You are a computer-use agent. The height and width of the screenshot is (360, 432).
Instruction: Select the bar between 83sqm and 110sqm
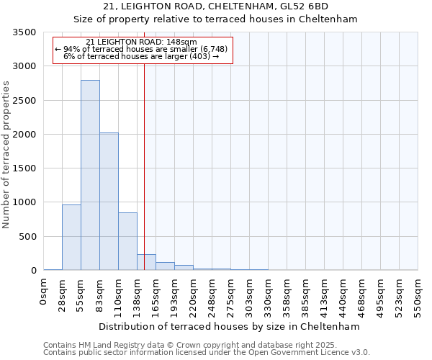pos(109,202)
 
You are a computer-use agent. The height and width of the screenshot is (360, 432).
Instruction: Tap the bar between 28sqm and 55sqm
pos(71,238)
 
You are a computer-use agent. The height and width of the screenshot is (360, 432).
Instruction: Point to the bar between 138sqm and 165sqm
pos(146,262)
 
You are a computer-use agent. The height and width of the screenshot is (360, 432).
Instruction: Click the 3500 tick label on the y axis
pos(24,33)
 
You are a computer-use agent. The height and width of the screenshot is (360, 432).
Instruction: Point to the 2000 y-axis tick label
pos(24,135)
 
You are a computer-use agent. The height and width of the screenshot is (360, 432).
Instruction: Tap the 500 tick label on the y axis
pos(27,237)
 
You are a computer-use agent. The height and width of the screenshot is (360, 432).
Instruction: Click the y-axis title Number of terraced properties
pos(6,155)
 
